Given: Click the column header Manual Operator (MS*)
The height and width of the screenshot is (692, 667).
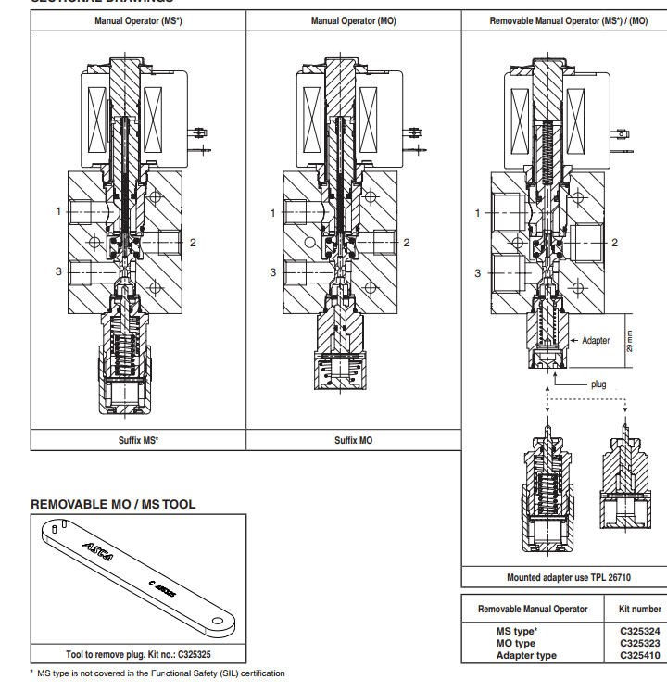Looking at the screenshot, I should (x=137, y=20).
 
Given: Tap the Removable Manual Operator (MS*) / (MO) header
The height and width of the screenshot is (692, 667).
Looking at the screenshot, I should (x=568, y=20).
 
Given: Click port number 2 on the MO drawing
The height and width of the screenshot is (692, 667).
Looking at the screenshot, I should (x=406, y=243).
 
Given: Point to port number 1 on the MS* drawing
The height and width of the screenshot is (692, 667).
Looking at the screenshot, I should (x=58, y=211).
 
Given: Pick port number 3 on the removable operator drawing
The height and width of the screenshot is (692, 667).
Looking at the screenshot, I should (x=478, y=272).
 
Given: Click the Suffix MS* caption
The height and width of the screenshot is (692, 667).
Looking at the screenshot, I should (x=137, y=440).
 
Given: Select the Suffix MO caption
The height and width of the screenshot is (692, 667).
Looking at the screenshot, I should (x=353, y=440).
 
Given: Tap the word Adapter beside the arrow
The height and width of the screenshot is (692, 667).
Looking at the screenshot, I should (x=596, y=340).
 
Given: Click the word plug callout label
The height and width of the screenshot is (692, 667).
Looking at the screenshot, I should (x=598, y=384).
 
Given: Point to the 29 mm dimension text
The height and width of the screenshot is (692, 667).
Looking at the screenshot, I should (x=630, y=340).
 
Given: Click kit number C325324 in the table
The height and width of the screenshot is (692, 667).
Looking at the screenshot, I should (x=639, y=631).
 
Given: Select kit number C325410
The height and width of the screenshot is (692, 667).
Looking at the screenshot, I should (x=639, y=655).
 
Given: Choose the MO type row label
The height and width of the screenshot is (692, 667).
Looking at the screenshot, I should (x=516, y=643).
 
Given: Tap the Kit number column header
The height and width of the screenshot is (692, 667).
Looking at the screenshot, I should (x=639, y=609).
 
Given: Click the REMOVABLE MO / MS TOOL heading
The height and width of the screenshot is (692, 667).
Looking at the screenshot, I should (x=113, y=504).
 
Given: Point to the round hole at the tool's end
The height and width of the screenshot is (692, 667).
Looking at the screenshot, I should (x=220, y=622).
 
